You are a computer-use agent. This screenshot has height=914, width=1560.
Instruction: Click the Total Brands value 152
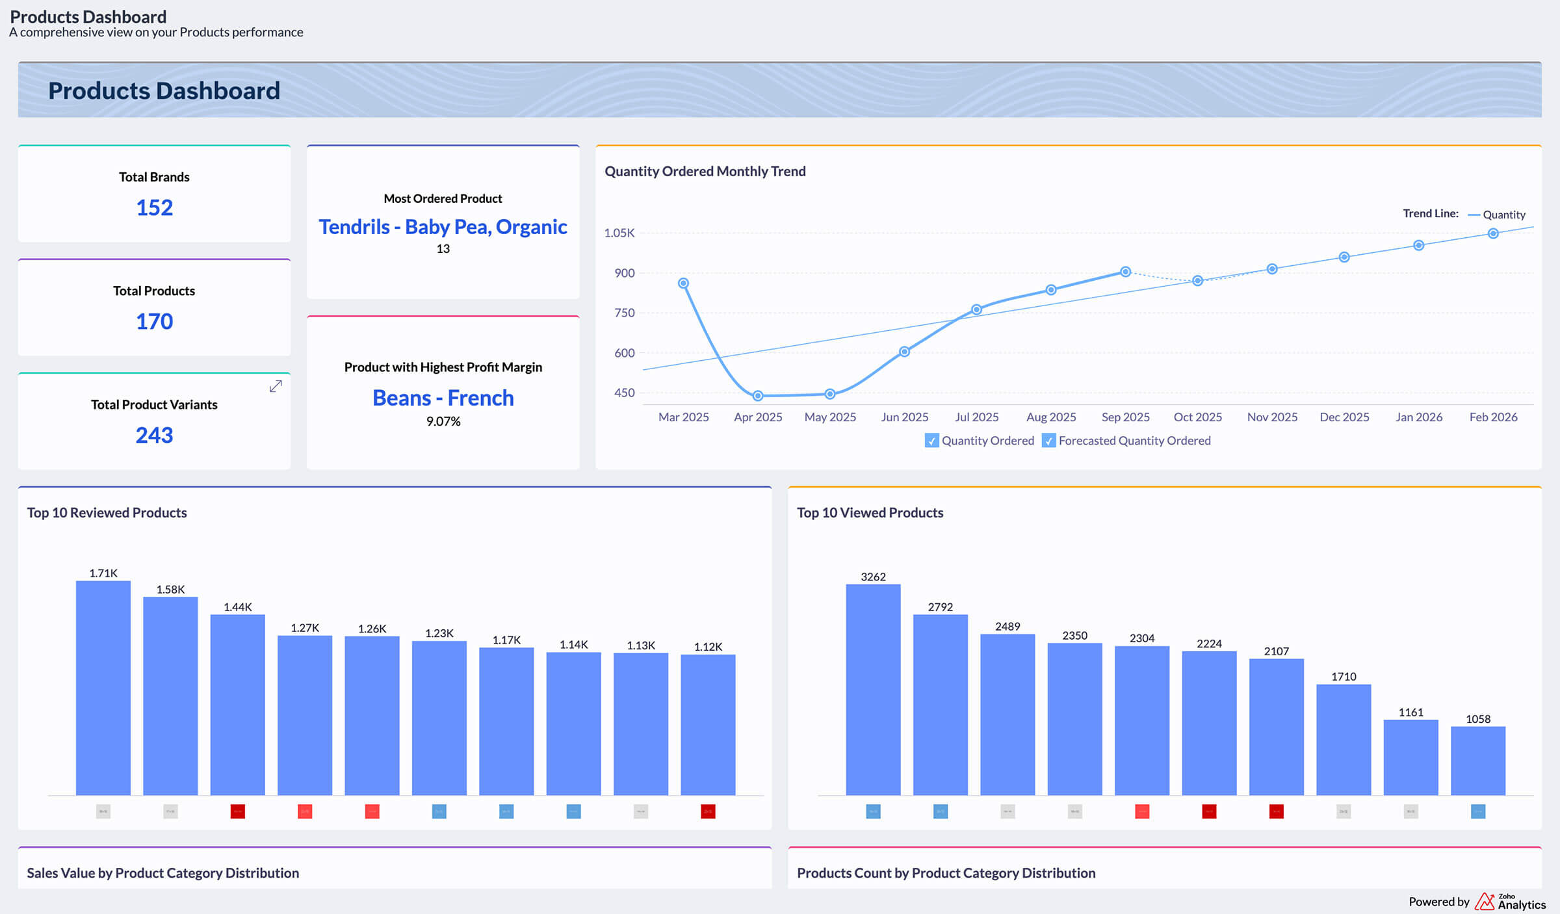154,207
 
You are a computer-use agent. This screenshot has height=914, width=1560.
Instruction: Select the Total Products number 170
154,321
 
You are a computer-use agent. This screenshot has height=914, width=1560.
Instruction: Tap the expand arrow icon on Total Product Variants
276,386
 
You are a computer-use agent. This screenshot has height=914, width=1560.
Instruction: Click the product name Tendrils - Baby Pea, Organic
443,227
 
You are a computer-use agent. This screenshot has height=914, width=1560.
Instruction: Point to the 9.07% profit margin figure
443,421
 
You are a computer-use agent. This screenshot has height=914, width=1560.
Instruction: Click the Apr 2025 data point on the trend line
758,395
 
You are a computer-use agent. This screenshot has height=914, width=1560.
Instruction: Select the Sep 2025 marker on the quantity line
1125,272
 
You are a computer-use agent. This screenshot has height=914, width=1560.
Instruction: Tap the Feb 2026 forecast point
1493,233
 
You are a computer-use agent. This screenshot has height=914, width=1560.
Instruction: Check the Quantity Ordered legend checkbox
931,441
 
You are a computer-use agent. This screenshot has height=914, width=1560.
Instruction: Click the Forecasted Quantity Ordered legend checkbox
1048,441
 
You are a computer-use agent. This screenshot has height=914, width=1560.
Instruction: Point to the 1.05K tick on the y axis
619,233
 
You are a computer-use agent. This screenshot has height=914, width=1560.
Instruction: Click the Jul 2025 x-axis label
976,417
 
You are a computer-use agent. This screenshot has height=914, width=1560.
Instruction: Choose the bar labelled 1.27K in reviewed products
305,714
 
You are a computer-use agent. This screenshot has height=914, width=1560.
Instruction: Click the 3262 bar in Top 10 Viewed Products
873,689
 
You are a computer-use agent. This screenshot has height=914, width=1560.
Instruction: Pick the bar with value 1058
1477,760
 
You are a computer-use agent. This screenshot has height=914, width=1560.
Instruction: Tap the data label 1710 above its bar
1344,677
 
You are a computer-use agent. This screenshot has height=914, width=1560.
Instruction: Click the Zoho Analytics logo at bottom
1509,902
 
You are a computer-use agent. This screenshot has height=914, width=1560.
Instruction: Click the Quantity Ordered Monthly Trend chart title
705,171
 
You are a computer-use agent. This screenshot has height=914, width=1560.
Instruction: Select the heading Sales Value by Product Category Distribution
162,873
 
